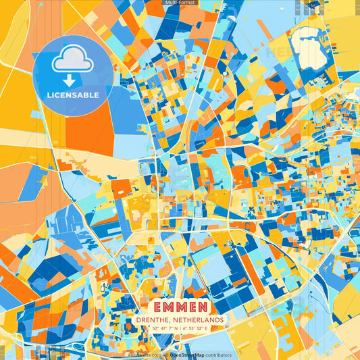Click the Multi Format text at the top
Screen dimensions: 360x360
click(180, 3)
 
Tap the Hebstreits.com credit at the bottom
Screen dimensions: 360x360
click(143, 355)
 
